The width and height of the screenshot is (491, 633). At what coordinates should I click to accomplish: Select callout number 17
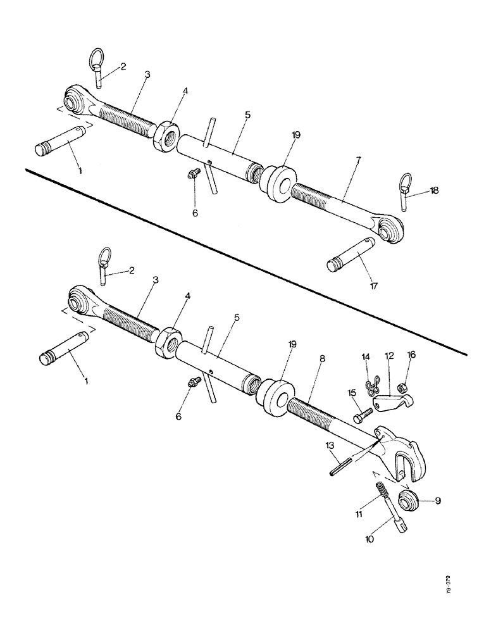tap(374, 286)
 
